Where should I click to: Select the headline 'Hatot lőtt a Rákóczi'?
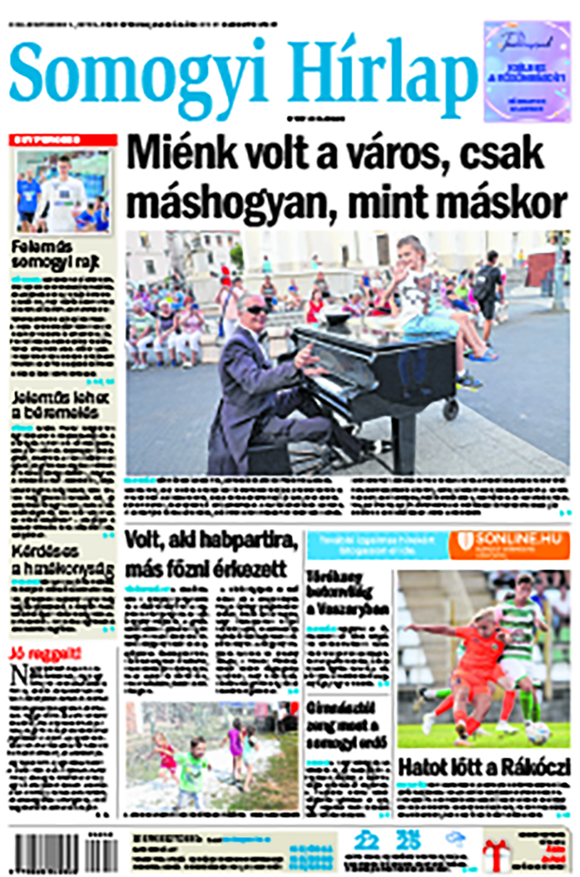pos(484,768)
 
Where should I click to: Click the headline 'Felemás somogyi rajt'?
pos(42,255)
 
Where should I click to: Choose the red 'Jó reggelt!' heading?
pos(45,654)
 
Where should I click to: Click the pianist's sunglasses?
pos(257,310)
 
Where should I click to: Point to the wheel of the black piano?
pos(450,407)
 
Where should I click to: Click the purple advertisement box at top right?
pos(527,71)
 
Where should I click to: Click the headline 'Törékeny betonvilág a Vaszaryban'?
pos(347,592)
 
